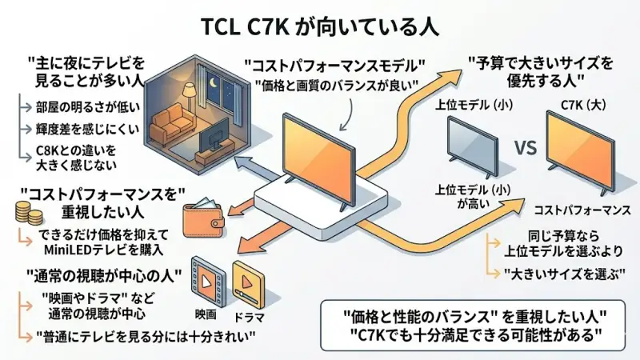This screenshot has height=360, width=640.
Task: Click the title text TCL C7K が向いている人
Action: coord(319,25)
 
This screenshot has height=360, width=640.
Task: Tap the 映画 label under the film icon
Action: coord(206,315)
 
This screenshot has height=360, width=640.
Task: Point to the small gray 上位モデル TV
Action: coord(472,145)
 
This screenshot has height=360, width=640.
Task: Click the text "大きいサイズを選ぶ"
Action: coord(559,272)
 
